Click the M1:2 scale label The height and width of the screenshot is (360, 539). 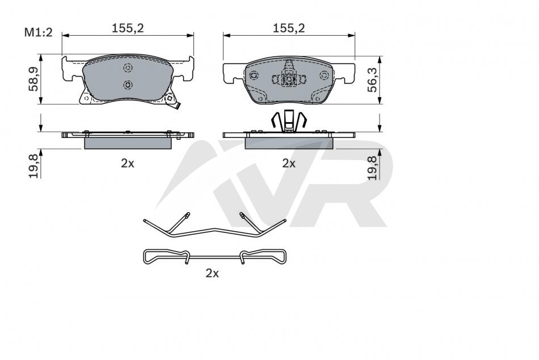point(38,33)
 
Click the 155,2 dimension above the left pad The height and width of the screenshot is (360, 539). point(128,28)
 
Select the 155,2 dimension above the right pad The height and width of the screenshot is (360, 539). point(289,28)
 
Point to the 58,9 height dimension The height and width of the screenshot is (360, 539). point(33,79)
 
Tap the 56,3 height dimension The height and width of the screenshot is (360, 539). point(372,80)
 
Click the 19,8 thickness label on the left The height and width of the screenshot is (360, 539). point(33,166)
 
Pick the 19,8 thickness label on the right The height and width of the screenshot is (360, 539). point(372,168)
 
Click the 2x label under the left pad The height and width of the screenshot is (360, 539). point(128,163)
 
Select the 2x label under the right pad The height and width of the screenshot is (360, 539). point(289,163)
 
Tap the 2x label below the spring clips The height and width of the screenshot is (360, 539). point(212,273)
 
